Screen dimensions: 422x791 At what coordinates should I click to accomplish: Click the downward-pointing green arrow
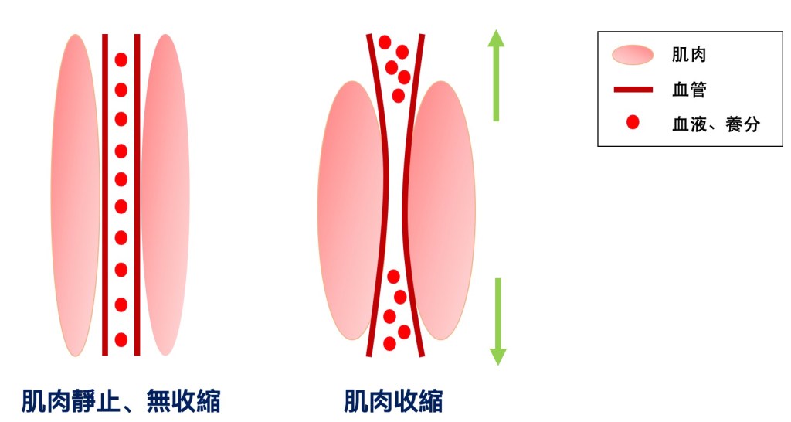pos(497,320)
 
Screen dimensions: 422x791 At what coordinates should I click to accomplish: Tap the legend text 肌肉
pos(690,55)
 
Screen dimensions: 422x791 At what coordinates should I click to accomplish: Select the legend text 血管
pos(690,90)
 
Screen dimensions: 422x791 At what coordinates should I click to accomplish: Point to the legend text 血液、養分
pos(716,124)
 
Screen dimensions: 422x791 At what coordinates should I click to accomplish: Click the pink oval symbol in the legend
pos(633,55)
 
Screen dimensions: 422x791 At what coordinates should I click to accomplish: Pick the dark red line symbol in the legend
pos(633,90)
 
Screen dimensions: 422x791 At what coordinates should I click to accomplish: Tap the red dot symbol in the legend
pos(633,122)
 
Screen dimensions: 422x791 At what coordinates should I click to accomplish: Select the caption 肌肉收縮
pos(393,401)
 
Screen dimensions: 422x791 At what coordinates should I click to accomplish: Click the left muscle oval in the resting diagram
pos(76,195)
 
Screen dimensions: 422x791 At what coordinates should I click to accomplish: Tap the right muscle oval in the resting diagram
pos(165,195)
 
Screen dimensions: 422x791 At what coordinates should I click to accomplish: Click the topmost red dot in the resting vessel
pos(121,60)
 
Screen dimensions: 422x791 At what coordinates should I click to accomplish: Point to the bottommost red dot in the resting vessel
pos(121,339)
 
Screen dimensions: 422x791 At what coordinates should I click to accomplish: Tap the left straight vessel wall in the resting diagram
pos(105,195)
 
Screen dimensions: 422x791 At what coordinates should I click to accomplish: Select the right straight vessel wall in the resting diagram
pos(137,195)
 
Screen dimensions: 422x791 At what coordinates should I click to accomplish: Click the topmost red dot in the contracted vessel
pos(385,43)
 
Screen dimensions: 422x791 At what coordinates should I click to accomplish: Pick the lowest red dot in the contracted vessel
pos(390,343)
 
